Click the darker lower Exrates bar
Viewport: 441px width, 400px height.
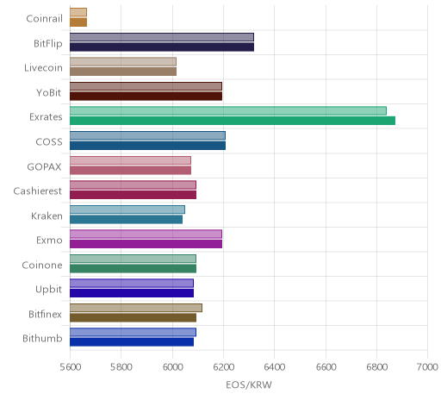[233, 121]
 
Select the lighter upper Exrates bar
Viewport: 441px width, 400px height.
[228, 111]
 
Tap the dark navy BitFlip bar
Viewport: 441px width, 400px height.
[162, 47]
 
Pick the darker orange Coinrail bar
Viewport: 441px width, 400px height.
[78, 22]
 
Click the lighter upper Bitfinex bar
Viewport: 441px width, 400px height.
[136, 308]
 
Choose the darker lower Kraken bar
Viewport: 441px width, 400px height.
[127, 220]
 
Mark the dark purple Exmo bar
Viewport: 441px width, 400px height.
[146, 244]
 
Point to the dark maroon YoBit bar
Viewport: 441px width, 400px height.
[146, 97]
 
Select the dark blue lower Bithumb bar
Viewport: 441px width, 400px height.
[132, 342]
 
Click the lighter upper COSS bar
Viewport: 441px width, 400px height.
[147, 135]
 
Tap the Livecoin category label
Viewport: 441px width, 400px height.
[43, 68]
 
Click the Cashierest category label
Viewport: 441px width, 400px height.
[38, 191]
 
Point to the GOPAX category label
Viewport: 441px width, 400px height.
[44, 166]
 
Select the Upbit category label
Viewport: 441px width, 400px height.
[48, 290]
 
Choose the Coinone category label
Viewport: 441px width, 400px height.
[42, 265]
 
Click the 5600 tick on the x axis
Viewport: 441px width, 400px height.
[70, 367]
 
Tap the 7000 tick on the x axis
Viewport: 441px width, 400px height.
[427, 367]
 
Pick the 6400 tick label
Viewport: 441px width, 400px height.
[274, 367]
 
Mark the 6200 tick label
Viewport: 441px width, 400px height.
[223, 367]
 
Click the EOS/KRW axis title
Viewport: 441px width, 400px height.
[249, 385]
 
